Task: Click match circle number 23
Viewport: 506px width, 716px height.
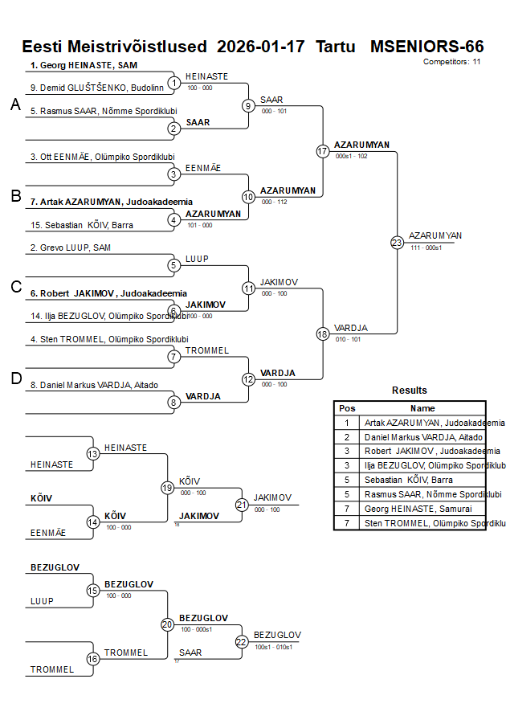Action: (397, 242)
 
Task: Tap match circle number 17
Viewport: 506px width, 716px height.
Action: (323, 151)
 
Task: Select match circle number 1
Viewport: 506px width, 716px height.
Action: (173, 83)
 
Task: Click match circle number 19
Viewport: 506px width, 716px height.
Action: (168, 487)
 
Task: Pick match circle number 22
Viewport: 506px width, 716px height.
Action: (242, 641)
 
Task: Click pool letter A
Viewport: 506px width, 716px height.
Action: (15, 104)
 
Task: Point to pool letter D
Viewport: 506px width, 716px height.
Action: (15, 378)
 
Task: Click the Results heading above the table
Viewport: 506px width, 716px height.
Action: (410, 391)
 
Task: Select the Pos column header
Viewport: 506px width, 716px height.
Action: (347, 408)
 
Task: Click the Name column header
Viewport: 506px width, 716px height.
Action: (423, 408)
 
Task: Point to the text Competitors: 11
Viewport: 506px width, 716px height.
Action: (451, 61)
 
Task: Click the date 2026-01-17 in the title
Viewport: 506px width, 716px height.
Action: (261, 47)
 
